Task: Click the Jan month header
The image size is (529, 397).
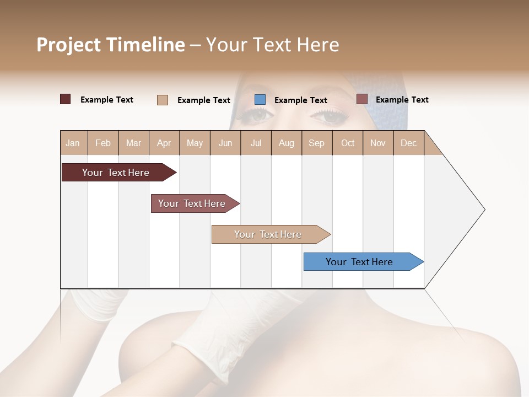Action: coord(73,143)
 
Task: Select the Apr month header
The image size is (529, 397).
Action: coord(164,143)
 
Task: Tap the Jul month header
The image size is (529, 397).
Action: coord(256,143)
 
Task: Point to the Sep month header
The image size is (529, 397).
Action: coord(316,143)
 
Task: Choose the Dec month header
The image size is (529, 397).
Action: coord(408,143)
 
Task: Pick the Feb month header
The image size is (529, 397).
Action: coord(103,143)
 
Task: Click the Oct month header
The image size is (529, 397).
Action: coord(348,143)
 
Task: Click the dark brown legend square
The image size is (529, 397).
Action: coord(65,99)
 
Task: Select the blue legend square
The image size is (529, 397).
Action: coord(260,100)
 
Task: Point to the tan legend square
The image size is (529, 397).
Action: coord(163,100)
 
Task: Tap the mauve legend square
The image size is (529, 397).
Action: coord(362,99)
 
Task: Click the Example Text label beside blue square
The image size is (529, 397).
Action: coord(300,100)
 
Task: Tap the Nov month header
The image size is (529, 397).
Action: coord(378,143)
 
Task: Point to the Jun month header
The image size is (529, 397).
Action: coord(225,143)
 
